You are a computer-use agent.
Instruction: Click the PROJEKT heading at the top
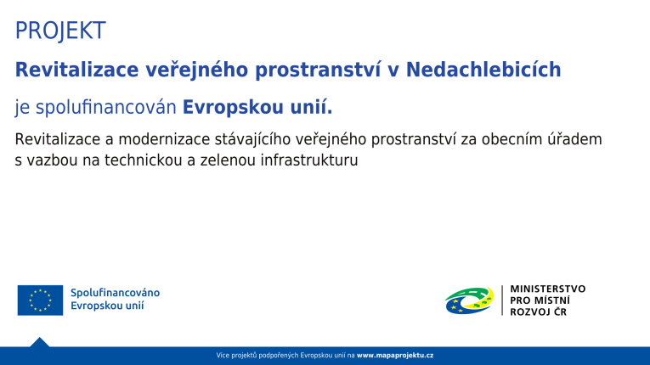click(x=60, y=31)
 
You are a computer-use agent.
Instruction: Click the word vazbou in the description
click(x=51, y=159)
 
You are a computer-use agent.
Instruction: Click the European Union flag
click(x=40, y=300)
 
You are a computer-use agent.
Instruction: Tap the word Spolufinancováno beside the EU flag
click(x=115, y=293)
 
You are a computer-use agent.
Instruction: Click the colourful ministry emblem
click(x=469, y=300)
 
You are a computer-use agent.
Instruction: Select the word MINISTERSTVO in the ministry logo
click(x=547, y=289)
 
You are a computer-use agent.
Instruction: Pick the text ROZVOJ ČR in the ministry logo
click(x=538, y=312)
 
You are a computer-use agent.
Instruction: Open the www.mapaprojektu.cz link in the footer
click(x=395, y=355)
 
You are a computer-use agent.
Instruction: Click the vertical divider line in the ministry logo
click(x=502, y=300)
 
